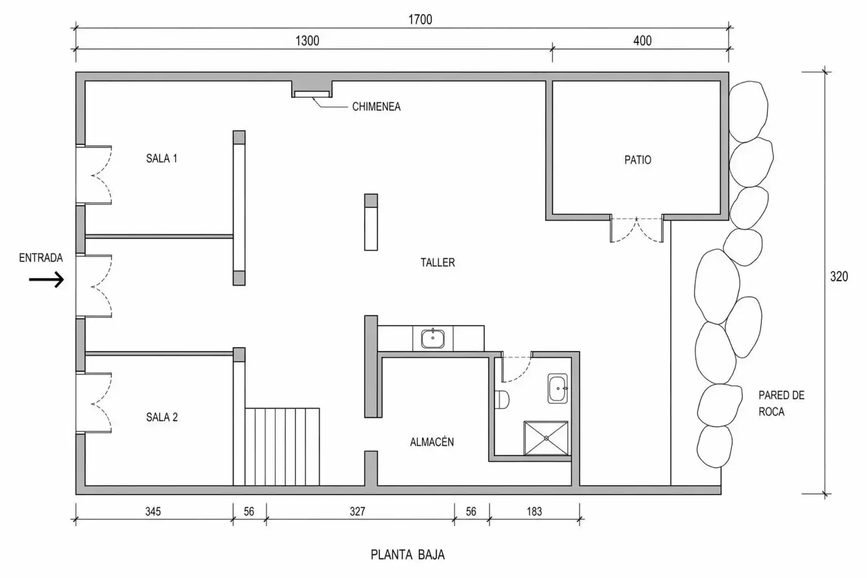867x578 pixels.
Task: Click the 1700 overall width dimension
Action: coord(420,19)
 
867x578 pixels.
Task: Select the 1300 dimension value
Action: coord(307,41)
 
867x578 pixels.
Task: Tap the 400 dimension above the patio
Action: coord(643,41)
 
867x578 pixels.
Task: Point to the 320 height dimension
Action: coord(839,276)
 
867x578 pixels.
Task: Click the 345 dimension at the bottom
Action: coord(153,512)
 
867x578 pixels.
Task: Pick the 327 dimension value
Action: coord(358,512)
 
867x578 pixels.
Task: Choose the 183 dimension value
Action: coord(534,512)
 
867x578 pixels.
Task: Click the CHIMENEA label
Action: coord(376,107)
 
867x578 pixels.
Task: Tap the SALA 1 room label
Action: coord(162,158)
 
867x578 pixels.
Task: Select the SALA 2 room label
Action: coord(162,417)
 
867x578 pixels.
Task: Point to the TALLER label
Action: coord(438,262)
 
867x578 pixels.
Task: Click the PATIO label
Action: coord(638,160)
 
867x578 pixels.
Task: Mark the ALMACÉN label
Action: coord(432,442)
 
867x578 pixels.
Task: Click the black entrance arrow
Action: coord(47,279)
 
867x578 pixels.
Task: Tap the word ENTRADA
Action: coord(41,258)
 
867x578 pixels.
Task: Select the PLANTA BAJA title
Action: coord(408,555)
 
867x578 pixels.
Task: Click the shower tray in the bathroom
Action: coord(546,438)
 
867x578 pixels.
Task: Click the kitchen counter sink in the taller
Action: coord(433,338)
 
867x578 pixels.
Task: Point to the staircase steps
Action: coord(282,447)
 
